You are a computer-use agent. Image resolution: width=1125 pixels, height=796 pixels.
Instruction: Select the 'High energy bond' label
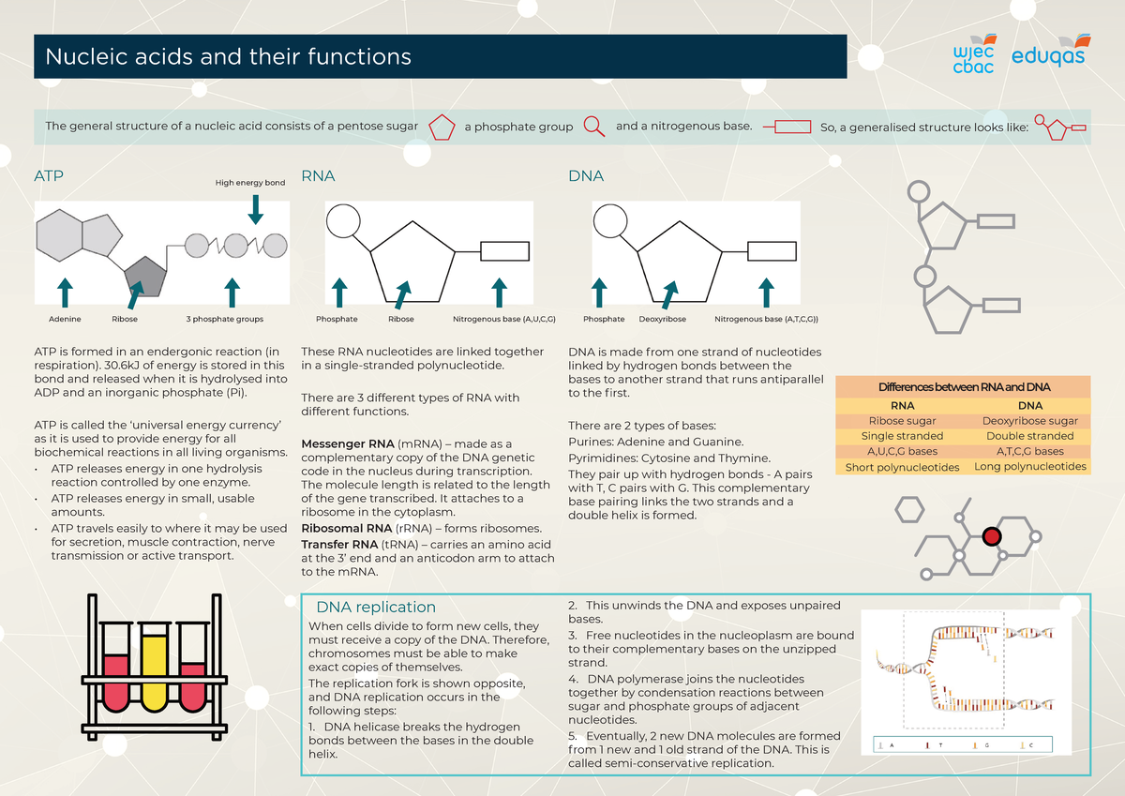[x=250, y=183]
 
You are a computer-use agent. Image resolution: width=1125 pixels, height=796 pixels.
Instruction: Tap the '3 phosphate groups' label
[x=225, y=320]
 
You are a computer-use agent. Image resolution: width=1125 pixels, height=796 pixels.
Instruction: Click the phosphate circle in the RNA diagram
[x=343, y=222]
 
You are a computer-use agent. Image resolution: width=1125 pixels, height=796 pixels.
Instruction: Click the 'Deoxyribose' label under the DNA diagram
[x=663, y=320]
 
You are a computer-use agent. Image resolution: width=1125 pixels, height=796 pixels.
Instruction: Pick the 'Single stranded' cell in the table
[x=902, y=436]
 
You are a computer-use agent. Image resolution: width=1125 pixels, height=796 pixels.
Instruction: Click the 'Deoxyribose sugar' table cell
[x=1030, y=421]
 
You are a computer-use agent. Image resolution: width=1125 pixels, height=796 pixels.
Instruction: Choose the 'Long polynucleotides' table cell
[x=1030, y=467]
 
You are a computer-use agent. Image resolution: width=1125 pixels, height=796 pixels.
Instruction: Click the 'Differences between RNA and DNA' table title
[x=964, y=387]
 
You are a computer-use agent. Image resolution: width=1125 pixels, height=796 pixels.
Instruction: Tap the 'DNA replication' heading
[x=376, y=608]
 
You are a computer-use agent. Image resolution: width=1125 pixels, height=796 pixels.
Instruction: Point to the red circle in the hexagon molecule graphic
[x=992, y=536]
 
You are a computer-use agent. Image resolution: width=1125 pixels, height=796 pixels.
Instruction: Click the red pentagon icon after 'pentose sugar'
[x=441, y=127]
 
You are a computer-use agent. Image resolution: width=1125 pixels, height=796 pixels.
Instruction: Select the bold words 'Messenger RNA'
[x=347, y=443]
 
